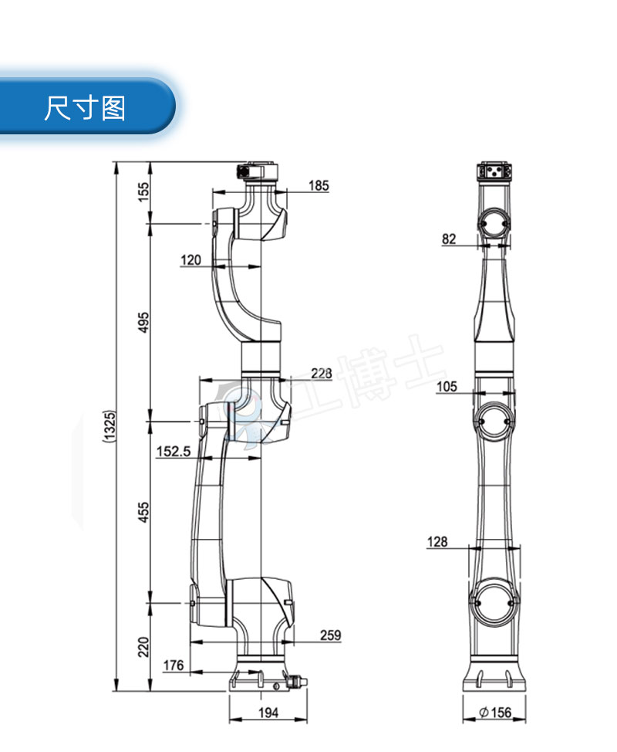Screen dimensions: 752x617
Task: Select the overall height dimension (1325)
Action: pos(110,427)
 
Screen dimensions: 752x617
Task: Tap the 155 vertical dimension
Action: pos(144,191)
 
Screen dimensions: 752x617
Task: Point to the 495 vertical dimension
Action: pos(144,322)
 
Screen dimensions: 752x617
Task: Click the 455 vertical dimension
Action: pos(144,510)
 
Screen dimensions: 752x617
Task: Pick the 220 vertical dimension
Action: pos(144,645)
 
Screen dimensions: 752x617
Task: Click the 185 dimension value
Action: pos(319,185)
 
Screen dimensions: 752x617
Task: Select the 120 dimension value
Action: pos(190,260)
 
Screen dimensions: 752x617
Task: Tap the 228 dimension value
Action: pos(322,374)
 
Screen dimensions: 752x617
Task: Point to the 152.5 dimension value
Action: pos(174,452)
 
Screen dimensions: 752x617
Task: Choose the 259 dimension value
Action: pos(330,635)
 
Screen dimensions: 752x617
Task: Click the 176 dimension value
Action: pos(174,665)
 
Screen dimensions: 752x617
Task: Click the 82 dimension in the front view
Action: pos(449,239)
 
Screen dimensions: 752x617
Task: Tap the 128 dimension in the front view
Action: pos(437,543)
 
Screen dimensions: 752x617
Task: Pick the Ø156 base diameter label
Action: pos(494,713)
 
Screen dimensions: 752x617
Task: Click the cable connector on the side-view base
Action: pos(294,683)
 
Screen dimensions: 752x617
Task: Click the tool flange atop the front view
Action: pos(494,171)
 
